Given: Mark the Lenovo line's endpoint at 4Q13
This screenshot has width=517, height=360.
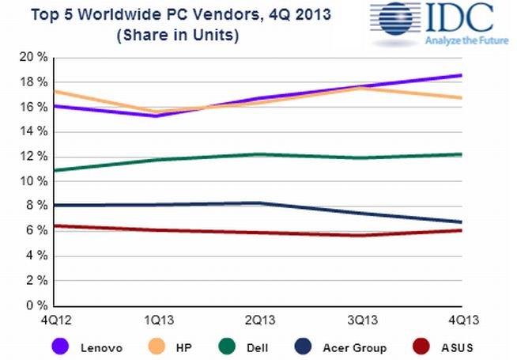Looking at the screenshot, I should coord(460,76).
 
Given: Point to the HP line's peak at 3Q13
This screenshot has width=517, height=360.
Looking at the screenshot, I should coord(360,88).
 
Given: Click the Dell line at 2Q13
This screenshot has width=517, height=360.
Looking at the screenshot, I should coord(260,154).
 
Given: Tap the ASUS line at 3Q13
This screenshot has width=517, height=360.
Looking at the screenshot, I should coord(360,235).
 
